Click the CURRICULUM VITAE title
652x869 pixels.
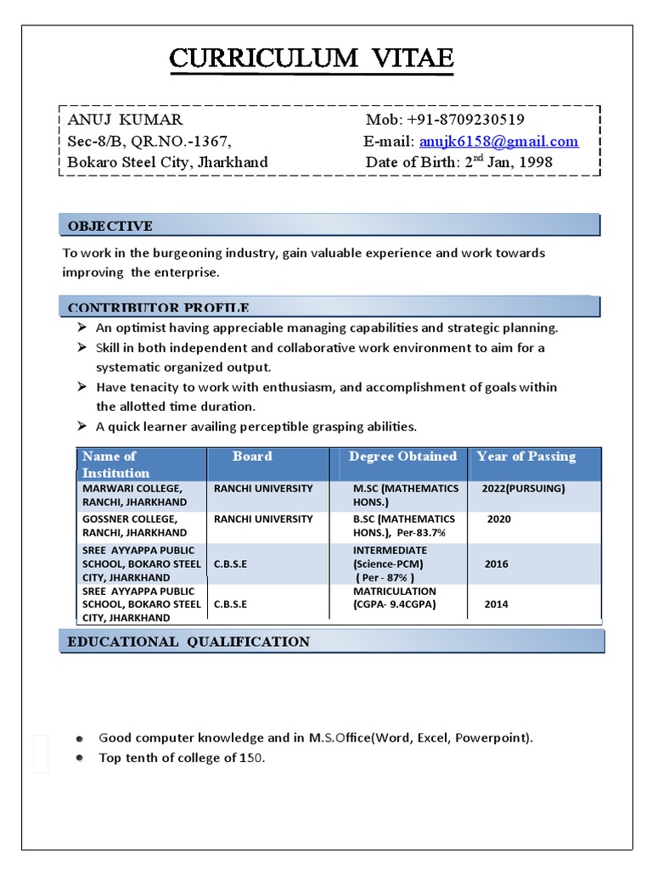click(x=312, y=59)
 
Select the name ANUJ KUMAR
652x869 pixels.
click(x=125, y=120)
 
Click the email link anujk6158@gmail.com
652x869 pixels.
click(x=498, y=141)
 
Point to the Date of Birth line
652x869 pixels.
click(x=458, y=162)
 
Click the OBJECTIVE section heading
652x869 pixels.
click(x=110, y=226)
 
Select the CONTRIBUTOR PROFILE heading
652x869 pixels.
click(x=158, y=307)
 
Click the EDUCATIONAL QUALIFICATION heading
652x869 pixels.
click(x=188, y=642)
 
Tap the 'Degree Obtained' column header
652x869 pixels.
click(x=402, y=457)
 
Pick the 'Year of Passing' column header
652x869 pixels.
click(x=526, y=457)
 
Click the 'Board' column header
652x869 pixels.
click(x=252, y=457)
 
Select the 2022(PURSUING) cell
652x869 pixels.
click(x=523, y=489)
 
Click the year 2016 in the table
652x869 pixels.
click(x=497, y=563)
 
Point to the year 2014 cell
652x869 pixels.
click(x=497, y=604)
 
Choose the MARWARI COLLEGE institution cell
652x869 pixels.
click(x=134, y=496)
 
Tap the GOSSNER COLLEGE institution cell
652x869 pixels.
click(x=134, y=525)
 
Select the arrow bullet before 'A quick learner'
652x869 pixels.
click(x=81, y=426)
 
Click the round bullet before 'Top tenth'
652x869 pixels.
click(x=79, y=758)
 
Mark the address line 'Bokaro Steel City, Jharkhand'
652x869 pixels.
click(x=167, y=162)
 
